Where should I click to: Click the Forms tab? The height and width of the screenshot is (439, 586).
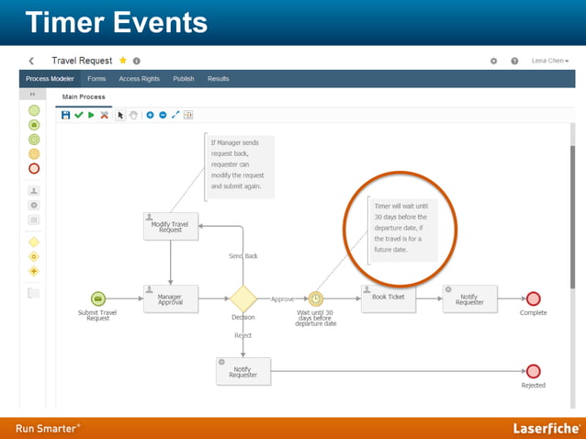click(96, 79)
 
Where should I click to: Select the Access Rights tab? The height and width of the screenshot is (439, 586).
click(140, 79)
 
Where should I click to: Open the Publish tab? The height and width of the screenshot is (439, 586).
click(184, 79)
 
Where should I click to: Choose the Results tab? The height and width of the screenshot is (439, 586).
click(219, 79)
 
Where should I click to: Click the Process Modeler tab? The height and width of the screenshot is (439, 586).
click(49, 79)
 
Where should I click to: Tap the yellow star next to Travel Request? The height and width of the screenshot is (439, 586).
click(122, 61)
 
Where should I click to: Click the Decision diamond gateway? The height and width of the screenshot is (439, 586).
click(242, 298)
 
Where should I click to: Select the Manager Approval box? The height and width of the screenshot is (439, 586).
click(170, 298)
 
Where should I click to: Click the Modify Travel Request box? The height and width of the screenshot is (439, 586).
click(171, 226)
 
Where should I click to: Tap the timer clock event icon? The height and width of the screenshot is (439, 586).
click(315, 298)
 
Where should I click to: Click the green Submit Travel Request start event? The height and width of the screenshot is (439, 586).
click(98, 298)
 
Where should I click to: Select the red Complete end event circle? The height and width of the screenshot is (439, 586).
click(533, 298)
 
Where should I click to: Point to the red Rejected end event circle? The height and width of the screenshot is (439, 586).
click(533, 371)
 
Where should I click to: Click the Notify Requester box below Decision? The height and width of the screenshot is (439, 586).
click(243, 371)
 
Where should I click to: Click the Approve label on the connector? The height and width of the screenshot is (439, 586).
click(282, 298)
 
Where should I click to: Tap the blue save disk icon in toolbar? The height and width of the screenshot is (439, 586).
click(65, 115)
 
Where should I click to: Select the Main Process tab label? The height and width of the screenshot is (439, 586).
click(84, 96)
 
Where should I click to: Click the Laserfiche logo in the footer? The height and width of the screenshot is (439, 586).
click(545, 428)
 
